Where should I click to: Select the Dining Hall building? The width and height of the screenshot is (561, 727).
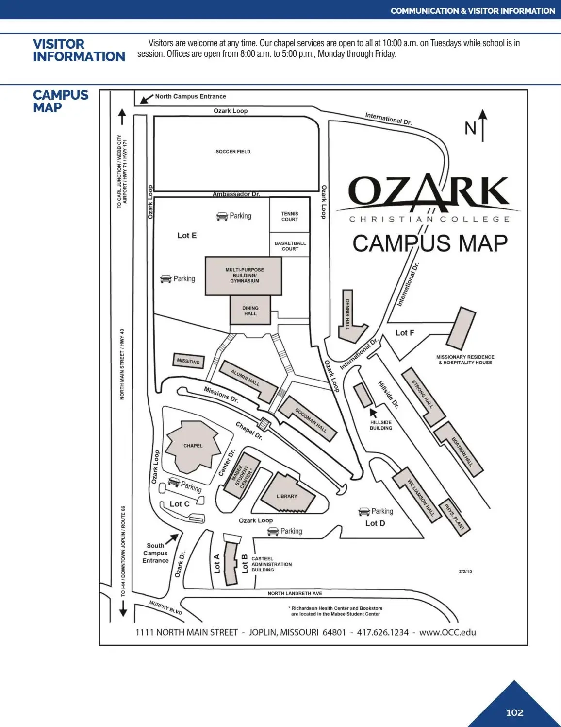click(250, 310)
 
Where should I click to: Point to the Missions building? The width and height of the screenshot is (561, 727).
click(188, 361)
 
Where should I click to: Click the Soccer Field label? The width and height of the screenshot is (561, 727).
click(233, 152)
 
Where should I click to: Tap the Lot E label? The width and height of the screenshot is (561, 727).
click(187, 236)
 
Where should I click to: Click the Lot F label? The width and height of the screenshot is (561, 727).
click(405, 333)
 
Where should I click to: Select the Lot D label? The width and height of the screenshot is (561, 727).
click(375, 523)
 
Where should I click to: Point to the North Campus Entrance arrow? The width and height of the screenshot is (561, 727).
click(147, 99)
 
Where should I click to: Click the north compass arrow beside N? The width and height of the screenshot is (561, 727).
click(482, 125)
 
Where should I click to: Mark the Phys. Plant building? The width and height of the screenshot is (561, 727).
click(454, 517)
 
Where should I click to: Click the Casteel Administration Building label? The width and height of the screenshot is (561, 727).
click(272, 564)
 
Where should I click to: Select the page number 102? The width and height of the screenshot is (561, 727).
click(514, 712)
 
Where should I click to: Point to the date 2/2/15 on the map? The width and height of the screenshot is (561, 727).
click(465, 571)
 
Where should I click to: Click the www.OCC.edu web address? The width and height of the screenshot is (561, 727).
click(448, 632)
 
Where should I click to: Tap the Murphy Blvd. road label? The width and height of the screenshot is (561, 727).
click(166, 608)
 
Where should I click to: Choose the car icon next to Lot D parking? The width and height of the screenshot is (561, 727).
click(364, 512)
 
